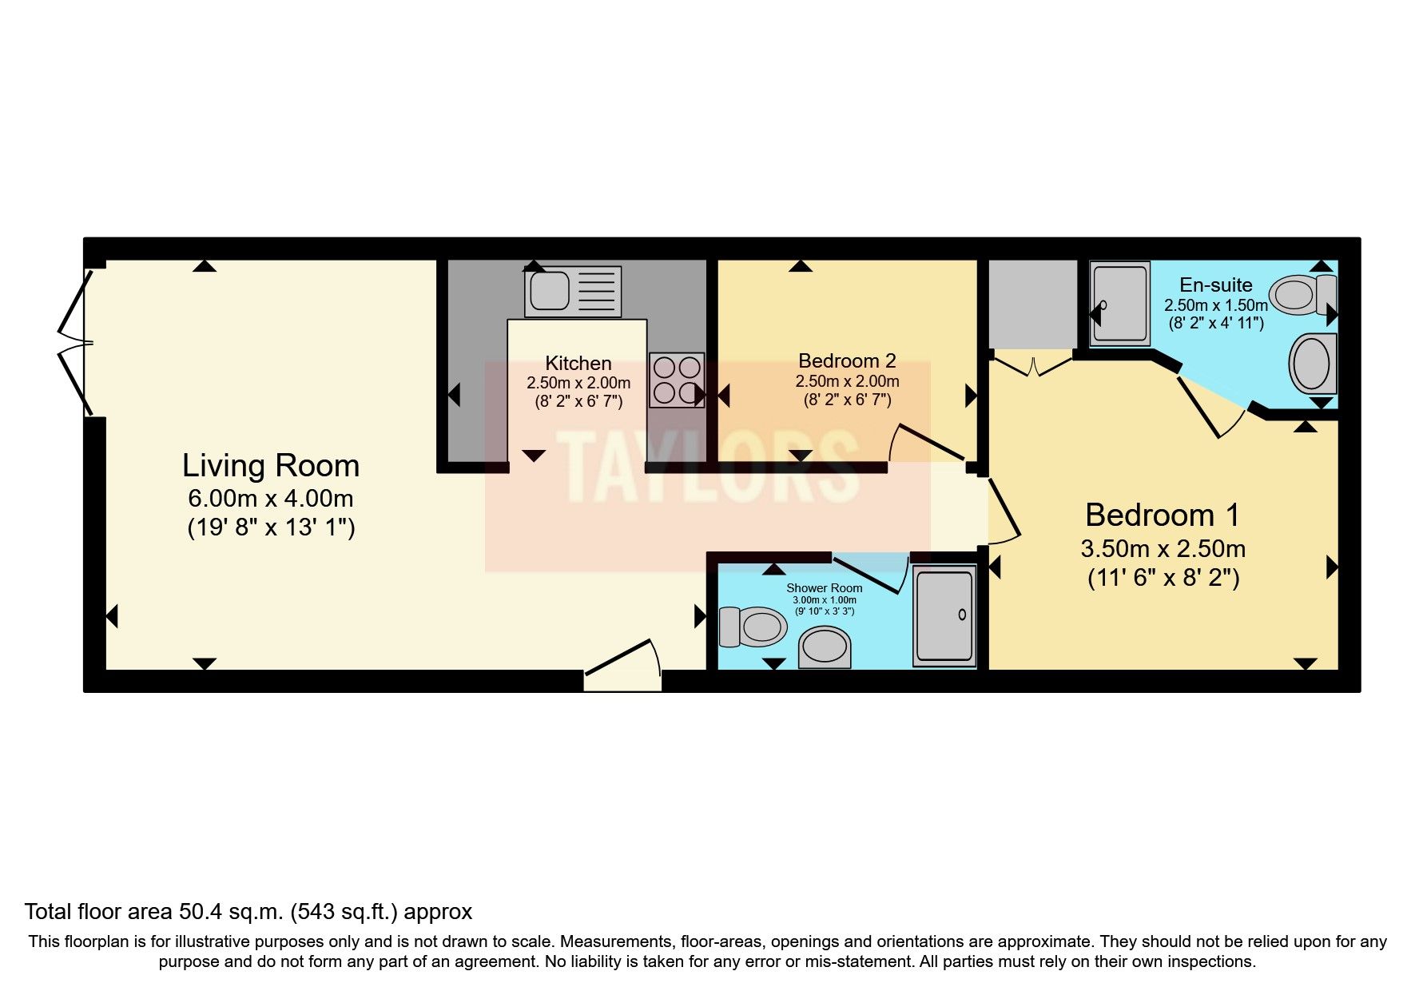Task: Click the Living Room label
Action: (270, 466)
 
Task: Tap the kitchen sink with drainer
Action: (572, 292)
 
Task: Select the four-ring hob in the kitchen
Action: (676, 380)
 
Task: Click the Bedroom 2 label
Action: (847, 360)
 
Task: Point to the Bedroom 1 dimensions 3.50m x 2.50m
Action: (1163, 549)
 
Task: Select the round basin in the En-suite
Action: (1312, 364)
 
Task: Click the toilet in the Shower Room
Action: (753, 627)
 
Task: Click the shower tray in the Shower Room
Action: (944, 615)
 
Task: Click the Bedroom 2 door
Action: (927, 444)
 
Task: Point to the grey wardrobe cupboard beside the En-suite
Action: (1032, 304)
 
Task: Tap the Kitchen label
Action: (578, 363)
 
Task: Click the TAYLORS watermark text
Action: (706, 468)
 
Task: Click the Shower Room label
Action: (824, 588)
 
